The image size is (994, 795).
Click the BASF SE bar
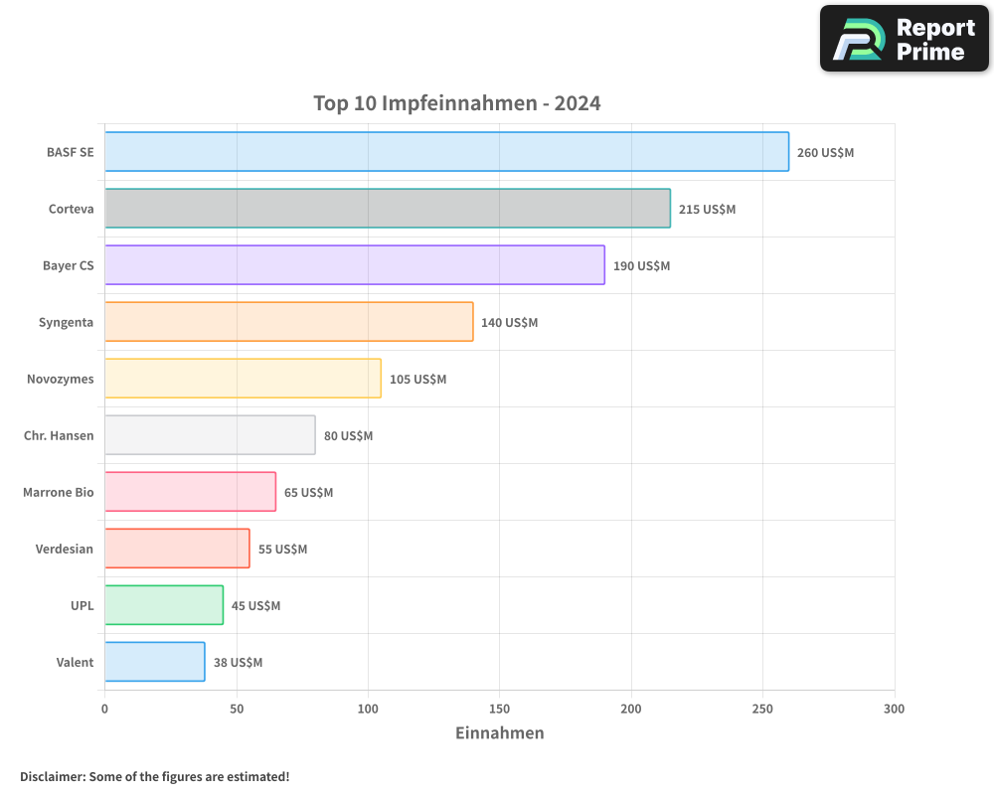tap(446, 152)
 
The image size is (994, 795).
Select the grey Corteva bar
tap(388, 209)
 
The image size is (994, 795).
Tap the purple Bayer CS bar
tap(355, 265)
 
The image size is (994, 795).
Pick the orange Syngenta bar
tap(288, 322)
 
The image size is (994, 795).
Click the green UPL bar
tap(164, 605)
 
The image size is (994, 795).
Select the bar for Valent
tap(155, 662)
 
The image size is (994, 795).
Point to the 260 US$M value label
tap(825, 153)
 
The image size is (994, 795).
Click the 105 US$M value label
tap(417, 380)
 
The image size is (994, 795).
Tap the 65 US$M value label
tap(308, 493)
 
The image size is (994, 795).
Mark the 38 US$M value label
tap(238, 663)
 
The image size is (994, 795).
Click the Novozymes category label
tap(61, 379)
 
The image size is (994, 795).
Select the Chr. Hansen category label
tap(59, 435)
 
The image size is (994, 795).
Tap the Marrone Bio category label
tap(59, 492)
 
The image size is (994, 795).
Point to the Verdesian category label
tap(65, 549)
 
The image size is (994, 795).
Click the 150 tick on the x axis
tap(499, 709)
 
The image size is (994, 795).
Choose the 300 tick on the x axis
tap(894, 709)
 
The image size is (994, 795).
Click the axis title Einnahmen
tap(499, 733)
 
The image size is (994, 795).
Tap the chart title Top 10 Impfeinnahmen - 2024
tap(456, 103)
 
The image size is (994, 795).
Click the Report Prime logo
tap(904, 39)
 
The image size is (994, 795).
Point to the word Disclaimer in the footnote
tap(51, 776)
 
